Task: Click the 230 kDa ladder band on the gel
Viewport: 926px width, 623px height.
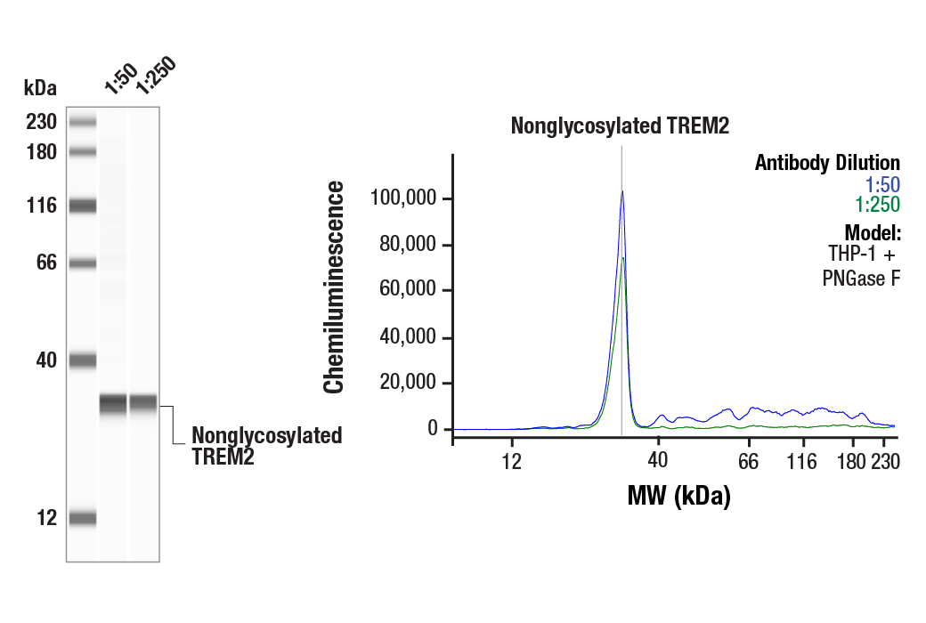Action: click(x=83, y=122)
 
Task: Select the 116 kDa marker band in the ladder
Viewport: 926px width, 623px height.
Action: click(x=83, y=206)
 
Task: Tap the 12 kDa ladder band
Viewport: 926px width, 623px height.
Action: click(x=83, y=518)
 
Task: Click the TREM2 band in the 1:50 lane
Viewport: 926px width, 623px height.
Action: click(x=113, y=404)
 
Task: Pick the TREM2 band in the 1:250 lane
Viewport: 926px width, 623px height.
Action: click(x=143, y=403)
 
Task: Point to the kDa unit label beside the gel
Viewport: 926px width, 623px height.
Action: click(x=40, y=88)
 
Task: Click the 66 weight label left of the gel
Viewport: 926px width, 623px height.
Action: click(x=45, y=263)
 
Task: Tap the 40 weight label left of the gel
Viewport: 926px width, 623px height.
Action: click(x=45, y=360)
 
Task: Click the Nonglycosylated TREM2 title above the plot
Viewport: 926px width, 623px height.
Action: click(x=620, y=125)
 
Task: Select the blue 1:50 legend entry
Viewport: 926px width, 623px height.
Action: click(x=882, y=184)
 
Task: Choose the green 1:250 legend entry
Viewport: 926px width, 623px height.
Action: click(x=877, y=205)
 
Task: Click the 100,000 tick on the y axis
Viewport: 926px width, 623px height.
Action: click(x=404, y=198)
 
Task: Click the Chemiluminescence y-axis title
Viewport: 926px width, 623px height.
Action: click(x=334, y=287)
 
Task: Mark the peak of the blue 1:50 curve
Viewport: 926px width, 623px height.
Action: click(x=621, y=191)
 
